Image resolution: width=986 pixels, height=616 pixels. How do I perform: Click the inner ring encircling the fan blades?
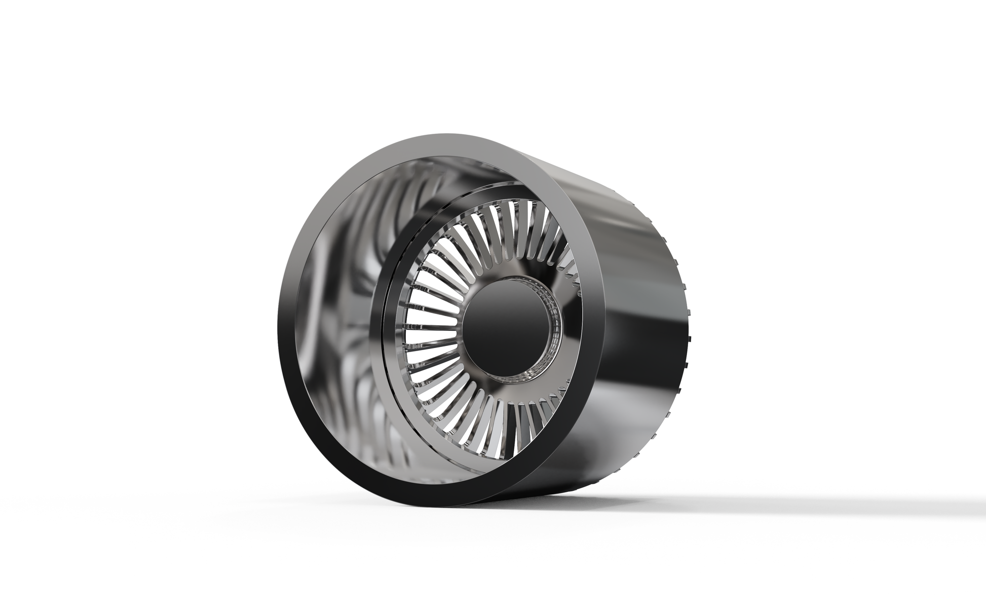(393, 324)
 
